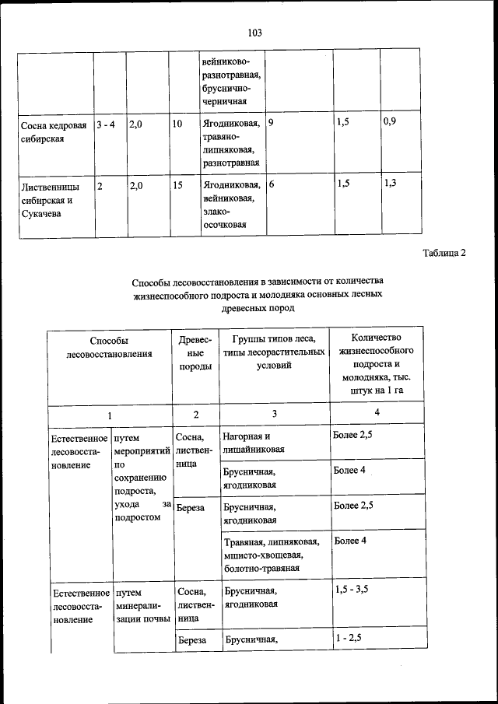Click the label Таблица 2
[x=444, y=253]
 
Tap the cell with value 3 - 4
[x=106, y=124]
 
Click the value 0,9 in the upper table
[x=390, y=123]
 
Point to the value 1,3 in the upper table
[x=390, y=183]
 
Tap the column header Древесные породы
[x=195, y=353]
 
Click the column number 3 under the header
[x=274, y=413]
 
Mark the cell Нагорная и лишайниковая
[x=254, y=443]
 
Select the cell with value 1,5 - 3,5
[x=352, y=590]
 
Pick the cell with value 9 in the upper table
[x=271, y=123]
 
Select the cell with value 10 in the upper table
[x=177, y=124]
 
